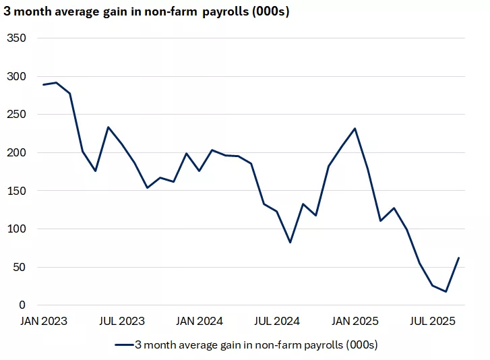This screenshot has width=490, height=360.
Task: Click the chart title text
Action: point(147,12)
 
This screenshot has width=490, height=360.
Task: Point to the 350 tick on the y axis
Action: point(16,38)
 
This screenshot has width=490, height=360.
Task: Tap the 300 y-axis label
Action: point(16,76)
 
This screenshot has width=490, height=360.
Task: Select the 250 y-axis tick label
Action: point(16,115)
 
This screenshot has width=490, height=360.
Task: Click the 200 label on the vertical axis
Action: point(16,153)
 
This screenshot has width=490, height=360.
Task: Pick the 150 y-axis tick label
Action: point(16,191)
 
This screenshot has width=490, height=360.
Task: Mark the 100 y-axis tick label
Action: point(16,229)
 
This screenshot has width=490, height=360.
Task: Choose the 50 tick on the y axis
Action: point(20,268)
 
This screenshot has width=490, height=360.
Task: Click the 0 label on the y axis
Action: point(22,305)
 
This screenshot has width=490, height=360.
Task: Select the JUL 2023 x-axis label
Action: point(121,321)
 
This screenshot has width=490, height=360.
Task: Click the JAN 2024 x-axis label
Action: point(200,321)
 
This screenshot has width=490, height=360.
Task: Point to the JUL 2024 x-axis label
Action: point(277,321)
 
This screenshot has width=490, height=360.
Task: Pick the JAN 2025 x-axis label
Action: point(355,321)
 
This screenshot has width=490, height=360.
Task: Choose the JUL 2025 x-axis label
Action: point(433,321)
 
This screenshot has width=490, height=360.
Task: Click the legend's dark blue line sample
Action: point(124,344)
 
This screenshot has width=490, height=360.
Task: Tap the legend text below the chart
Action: point(256,344)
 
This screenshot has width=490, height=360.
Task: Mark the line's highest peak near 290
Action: point(57,83)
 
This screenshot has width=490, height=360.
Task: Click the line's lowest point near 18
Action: point(446,292)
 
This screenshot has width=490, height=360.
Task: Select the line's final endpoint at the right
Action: point(458,258)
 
